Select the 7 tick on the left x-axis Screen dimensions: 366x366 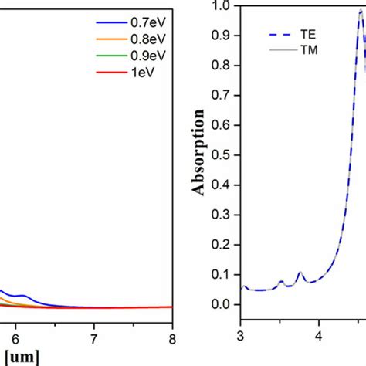pos(93,337)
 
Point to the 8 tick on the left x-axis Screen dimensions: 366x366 pos(172,337)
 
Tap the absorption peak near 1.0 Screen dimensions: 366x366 pos(361,12)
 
